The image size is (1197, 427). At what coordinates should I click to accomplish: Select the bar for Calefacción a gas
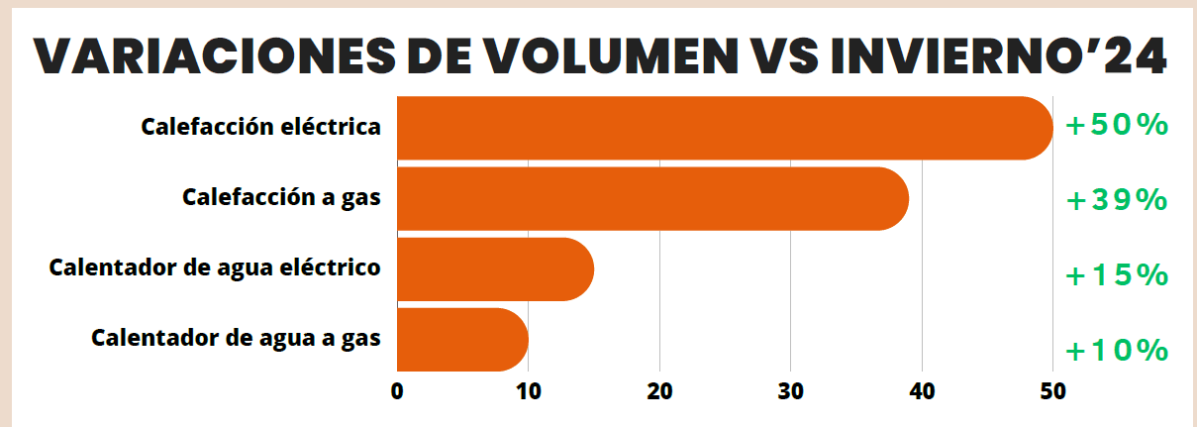pos(652,199)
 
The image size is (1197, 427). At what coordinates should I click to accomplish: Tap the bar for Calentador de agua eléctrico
pos(495,269)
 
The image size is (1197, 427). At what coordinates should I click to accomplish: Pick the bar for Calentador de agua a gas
pos(462,340)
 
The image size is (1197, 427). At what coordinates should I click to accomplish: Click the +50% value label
pos(1117,126)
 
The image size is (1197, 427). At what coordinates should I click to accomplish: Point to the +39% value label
pos(1117,200)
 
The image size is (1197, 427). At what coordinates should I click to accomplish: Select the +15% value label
pos(1117,274)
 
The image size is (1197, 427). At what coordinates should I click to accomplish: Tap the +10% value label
pos(1117,350)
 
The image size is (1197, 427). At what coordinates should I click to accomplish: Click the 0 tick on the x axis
pos(397,391)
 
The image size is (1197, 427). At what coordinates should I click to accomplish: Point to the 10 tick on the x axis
pos(528,391)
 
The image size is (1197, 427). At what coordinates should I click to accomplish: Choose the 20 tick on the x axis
pos(659,391)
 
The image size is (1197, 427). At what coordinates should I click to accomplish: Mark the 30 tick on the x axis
pos(790,391)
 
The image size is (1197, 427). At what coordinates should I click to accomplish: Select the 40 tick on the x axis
pos(922,391)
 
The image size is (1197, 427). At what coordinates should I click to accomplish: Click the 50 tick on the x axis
pos(1052,391)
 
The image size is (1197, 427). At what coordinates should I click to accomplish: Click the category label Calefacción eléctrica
pos(261,128)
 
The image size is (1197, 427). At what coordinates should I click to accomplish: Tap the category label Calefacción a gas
pos(282,197)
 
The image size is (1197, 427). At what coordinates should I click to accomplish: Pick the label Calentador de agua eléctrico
pos(215,267)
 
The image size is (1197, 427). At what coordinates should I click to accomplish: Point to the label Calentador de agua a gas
pos(236,338)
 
